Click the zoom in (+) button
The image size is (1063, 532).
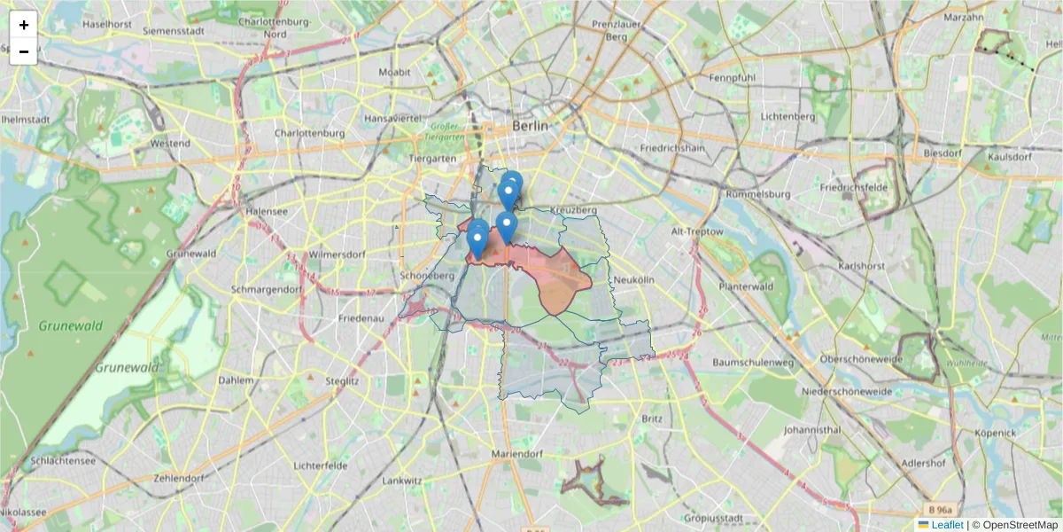(x=24, y=25)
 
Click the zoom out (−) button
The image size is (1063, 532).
(x=24, y=51)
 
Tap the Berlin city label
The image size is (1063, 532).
(x=530, y=127)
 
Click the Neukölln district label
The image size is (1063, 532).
(x=632, y=279)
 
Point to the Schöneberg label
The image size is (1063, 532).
(x=427, y=276)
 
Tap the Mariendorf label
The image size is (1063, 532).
(x=516, y=455)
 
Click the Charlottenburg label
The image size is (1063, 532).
(x=309, y=133)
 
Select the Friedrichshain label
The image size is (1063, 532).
(x=672, y=147)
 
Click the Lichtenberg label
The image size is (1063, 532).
(x=788, y=116)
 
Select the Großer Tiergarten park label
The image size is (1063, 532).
(x=440, y=131)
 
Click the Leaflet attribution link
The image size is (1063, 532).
(x=946, y=525)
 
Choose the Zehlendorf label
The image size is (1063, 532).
(x=178, y=478)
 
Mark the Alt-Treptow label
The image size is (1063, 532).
(x=698, y=231)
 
